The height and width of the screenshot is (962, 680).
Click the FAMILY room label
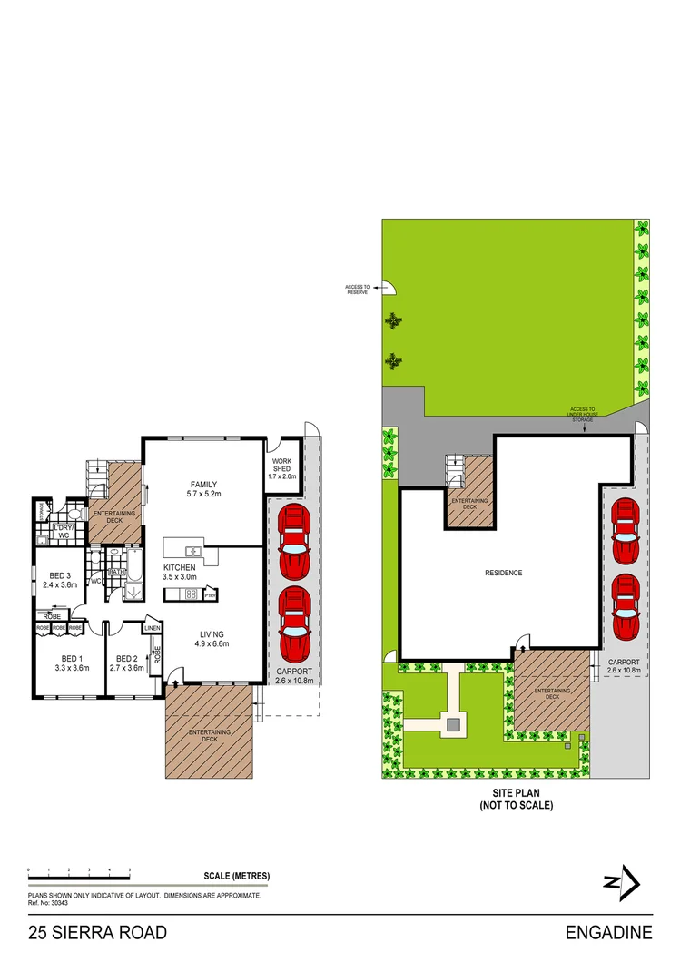[x=202, y=483]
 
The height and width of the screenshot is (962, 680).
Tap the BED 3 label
[x=60, y=575]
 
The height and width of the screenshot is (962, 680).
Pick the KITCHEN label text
[x=179, y=567]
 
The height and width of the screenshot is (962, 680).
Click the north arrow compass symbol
[x=623, y=882]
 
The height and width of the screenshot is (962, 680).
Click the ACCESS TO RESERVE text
[x=356, y=290]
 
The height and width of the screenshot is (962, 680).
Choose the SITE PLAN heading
[x=517, y=792]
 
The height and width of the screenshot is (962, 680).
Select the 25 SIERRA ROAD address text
[x=97, y=932]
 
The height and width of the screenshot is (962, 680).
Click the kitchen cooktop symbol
[x=192, y=594]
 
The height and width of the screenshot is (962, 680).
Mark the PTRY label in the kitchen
[x=209, y=595]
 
